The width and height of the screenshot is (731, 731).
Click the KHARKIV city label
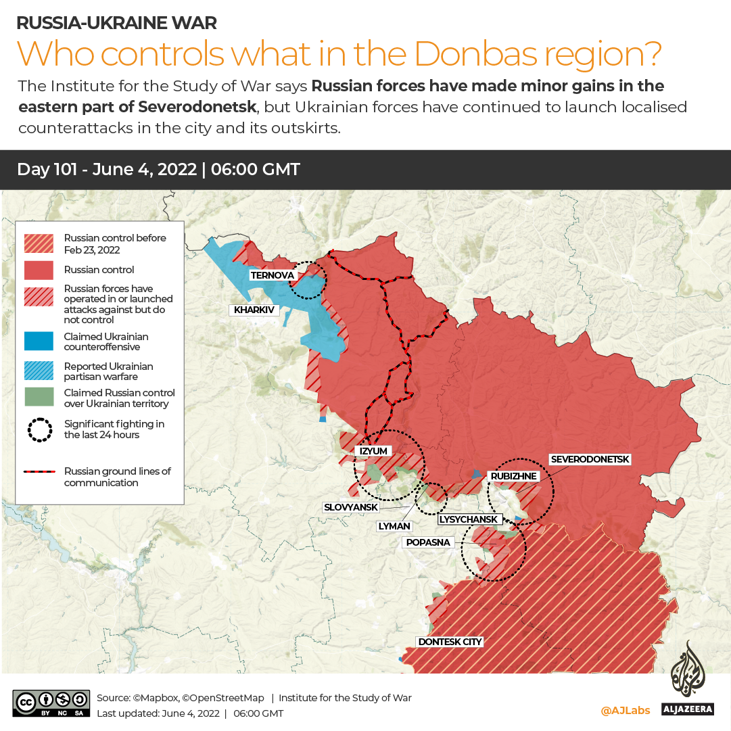click(x=254, y=310)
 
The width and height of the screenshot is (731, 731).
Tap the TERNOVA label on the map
click(x=272, y=275)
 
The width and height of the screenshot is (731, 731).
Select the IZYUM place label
click(x=373, y=450)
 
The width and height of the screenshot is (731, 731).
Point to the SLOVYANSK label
click(x=351, y=507)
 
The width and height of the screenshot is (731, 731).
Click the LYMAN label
click(x=394, y=526)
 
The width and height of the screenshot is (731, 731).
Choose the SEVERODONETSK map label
click(x=590, y=459)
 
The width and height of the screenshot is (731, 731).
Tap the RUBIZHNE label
click(x=513, y=476)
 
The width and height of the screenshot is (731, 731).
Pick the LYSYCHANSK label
click(x=469, y=519)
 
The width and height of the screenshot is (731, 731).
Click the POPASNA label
click(x=427, y=542)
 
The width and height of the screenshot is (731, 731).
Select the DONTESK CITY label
click(x=449, y=642)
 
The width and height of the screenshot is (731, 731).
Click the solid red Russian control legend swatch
click(x=39, y=270)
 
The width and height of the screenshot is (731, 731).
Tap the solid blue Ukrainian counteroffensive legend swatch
click(x=39, y=341)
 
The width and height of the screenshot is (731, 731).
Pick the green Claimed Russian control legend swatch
click(x=39, y=398)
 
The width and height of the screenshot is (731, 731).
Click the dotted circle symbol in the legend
click(x=39, y=429)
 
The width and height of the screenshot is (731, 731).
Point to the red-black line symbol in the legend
click(x=39, y=471)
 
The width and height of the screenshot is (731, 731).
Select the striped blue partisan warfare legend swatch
click(x=39, y=371)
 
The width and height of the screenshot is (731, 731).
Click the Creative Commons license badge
click(x=51, y=703)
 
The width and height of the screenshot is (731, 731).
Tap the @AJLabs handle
click(x=625, y=710)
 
